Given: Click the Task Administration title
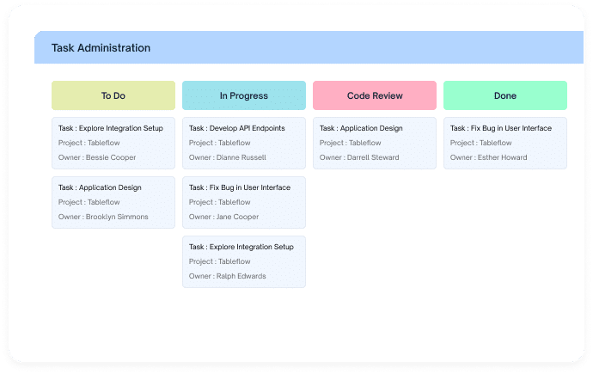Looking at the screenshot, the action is point(101,48).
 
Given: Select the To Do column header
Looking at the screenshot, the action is point(113,95).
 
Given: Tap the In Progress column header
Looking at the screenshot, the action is point(244,95).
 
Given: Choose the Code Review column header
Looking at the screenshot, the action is point(375,95).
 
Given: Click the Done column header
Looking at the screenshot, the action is point(505,95).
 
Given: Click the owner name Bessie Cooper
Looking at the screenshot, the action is point(111,157).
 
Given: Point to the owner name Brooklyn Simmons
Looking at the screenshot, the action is point(117,217).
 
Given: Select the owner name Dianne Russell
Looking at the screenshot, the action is point(241,157).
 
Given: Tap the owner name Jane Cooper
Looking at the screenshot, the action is point(237,217).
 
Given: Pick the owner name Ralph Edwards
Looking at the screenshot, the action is point(241,276).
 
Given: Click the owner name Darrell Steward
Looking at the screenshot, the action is point(373,157).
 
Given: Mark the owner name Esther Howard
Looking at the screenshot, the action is point(502,157).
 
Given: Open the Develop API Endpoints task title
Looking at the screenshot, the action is point(247,128).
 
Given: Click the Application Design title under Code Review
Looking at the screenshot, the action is point(371,128).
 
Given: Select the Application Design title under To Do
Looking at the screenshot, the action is point(110,187).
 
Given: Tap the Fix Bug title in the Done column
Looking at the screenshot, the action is point(511,128).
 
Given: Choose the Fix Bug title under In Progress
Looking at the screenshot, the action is point(250,187).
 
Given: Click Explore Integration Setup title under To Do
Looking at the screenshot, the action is point(121,128).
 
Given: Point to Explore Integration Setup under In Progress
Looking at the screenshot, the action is point(252,247).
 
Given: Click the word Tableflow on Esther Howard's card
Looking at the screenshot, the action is point(495,143).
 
